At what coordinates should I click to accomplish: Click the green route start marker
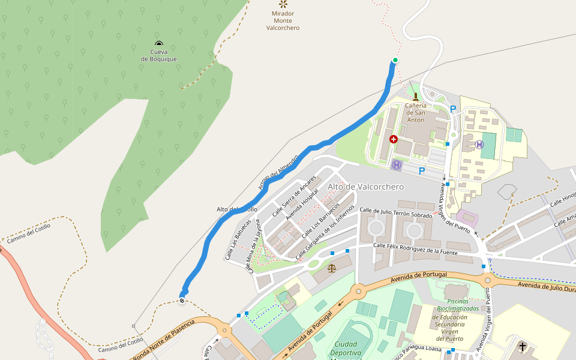395,60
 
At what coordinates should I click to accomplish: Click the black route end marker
182,301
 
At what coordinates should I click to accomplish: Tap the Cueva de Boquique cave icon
158,43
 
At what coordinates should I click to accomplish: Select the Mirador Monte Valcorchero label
283,20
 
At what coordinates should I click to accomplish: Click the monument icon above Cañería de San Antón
415,96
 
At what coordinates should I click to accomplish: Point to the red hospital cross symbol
393,139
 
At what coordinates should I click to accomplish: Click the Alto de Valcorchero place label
365,187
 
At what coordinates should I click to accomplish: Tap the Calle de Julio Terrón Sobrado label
395,212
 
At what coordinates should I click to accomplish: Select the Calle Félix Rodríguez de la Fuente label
415,249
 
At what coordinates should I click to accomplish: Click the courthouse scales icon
332,262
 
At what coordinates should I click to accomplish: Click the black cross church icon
523,346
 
